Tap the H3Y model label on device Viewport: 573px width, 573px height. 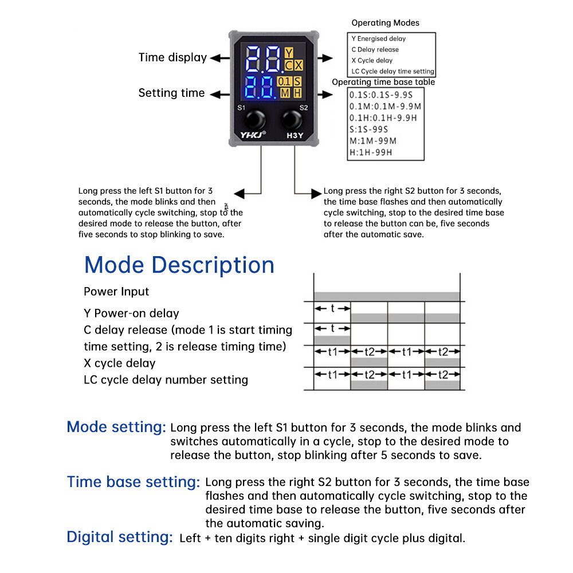295,136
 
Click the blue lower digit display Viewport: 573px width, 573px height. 261,88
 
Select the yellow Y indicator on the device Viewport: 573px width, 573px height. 289,53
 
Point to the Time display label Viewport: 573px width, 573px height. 172,57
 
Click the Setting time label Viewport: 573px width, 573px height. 171,93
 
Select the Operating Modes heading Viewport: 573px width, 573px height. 385,23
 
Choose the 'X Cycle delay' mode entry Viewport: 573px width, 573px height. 372,60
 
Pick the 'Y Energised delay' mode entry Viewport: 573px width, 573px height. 378,38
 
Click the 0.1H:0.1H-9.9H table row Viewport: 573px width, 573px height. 383,118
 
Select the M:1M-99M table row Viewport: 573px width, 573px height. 372,141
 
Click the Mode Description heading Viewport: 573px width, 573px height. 179,265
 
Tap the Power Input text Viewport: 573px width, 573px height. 116,291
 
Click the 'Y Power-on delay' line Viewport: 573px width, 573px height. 131,313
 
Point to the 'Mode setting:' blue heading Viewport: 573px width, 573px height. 116,427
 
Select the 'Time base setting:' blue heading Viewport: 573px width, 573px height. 134,482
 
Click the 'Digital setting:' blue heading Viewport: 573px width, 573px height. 120,537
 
